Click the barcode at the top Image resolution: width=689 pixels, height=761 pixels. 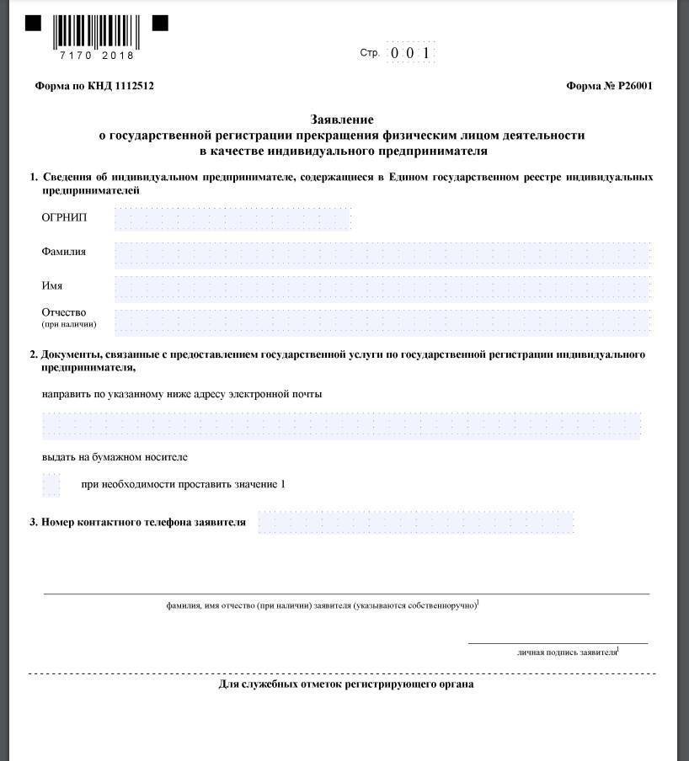pos(96,30)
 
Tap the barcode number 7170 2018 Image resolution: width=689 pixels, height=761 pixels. pos(97,56)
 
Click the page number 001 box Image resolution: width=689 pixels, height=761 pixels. pos(410,53)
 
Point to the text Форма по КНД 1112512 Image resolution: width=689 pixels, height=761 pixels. pos(94,86)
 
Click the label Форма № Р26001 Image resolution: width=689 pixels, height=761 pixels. pos(609,86)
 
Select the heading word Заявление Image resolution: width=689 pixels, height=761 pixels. pos(341,120)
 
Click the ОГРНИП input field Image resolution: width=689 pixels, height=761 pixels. pos(232,218)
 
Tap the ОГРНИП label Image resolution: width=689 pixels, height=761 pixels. pos(64,218)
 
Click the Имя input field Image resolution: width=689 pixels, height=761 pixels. pos(382,287)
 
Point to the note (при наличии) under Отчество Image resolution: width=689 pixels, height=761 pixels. pos(69,324)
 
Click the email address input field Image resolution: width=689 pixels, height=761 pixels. pos(341,425)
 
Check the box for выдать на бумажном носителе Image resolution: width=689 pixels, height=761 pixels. pos(51,485)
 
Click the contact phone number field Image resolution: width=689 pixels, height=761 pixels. pos(415,523)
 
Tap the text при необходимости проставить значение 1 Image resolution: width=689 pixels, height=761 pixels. pos(184,485)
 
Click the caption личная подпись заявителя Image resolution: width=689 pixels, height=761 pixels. pos(567,652)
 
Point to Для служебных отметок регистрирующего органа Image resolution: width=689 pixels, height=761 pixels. pos(345,684)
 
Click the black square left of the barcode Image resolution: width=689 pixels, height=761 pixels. pos(33,24)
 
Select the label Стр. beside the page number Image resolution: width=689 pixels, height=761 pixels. pos(369,53)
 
